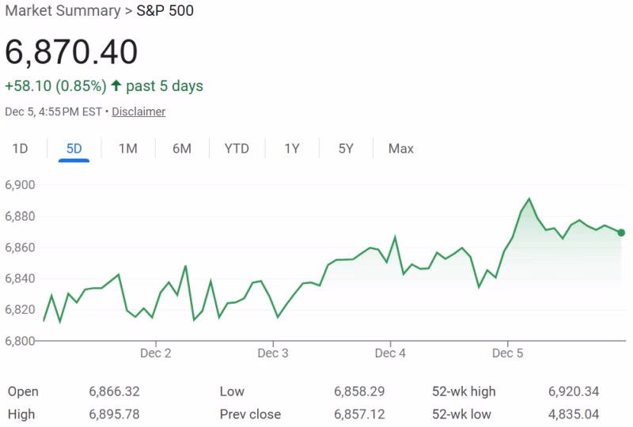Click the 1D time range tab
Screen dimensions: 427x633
coord(20,149)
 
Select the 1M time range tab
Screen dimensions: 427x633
coord(128,149)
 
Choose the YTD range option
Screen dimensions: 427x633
coord(237,149)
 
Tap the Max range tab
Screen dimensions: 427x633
coord(400,149)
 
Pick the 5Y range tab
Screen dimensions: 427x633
coord(346,149)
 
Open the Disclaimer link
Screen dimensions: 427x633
coord(138,111)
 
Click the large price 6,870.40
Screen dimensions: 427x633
coord(71,52)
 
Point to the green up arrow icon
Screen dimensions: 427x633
coord(116,85)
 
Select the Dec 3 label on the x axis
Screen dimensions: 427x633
coord(273,353)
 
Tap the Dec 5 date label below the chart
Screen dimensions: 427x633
coord(507,353)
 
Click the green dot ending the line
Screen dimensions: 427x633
coord(621,232)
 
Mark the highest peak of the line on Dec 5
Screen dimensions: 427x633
coord(529,199)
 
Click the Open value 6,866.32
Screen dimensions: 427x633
coord(114,391)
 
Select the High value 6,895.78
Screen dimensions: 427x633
coord(114,414)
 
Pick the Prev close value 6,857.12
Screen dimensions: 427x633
coord(359,414)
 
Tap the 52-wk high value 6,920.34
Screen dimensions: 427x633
coord(574,391)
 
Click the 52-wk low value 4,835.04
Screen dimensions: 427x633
coord(574,414)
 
